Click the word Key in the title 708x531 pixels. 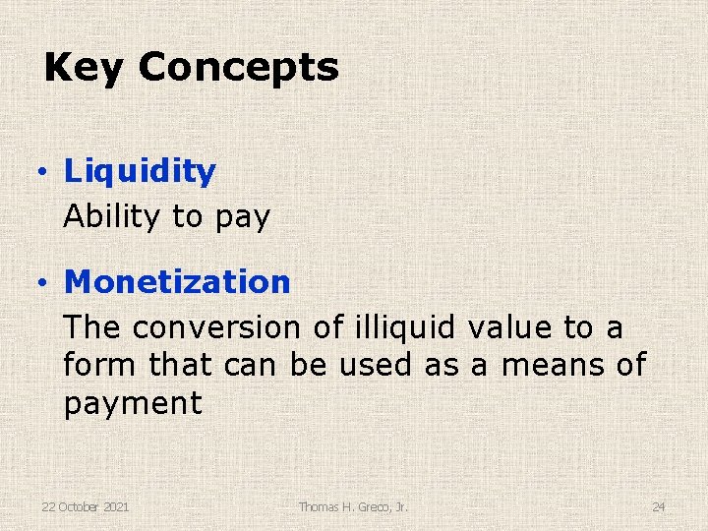tap(85, 68)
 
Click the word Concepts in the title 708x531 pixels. tap(238, 68)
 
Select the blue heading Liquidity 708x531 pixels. tap(140, 171)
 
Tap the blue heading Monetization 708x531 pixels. tap(177, 282)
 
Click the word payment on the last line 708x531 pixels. tap(133, 403)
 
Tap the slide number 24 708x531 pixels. tap(658, 506)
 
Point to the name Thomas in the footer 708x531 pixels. tap(319, 506)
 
